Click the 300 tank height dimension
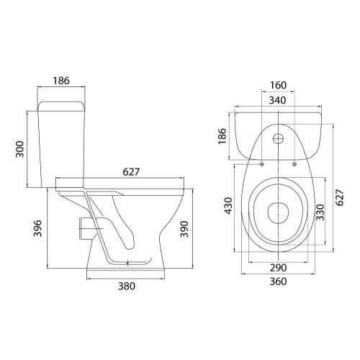19,149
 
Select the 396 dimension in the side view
37,228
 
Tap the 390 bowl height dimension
184,229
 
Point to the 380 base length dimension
127,286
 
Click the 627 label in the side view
131,172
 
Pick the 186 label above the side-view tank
61,81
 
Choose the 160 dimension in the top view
278,85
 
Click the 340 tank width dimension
277,100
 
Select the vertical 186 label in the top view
222,136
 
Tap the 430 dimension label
228,206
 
